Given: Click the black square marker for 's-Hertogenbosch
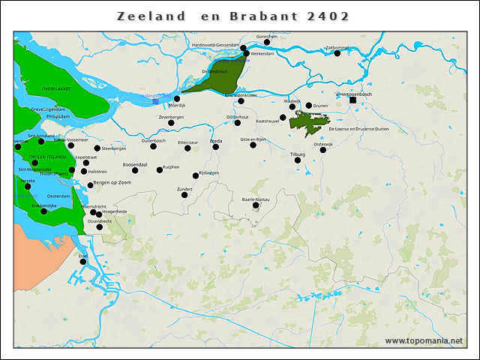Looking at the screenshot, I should point(353,100).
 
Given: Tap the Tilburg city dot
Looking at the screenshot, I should point(298,160).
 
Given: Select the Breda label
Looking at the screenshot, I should point(216,140).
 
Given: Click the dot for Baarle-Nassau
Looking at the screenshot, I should point(256,205).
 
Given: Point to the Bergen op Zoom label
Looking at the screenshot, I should point(112,183).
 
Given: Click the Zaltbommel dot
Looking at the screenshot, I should point(337,54).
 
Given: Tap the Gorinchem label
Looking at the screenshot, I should point(267,36).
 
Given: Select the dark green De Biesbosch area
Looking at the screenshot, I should point(221,78).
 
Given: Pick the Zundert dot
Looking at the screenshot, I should point(184,195).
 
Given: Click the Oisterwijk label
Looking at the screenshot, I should point(323,144).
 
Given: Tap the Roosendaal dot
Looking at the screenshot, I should point(135,170).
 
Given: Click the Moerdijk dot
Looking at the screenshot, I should point(177,99).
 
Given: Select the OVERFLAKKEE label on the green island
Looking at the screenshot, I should point(56,88).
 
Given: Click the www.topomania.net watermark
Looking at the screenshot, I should point(424,341).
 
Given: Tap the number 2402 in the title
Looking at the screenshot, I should point(328,16).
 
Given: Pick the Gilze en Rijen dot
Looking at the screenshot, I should point(253,145).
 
